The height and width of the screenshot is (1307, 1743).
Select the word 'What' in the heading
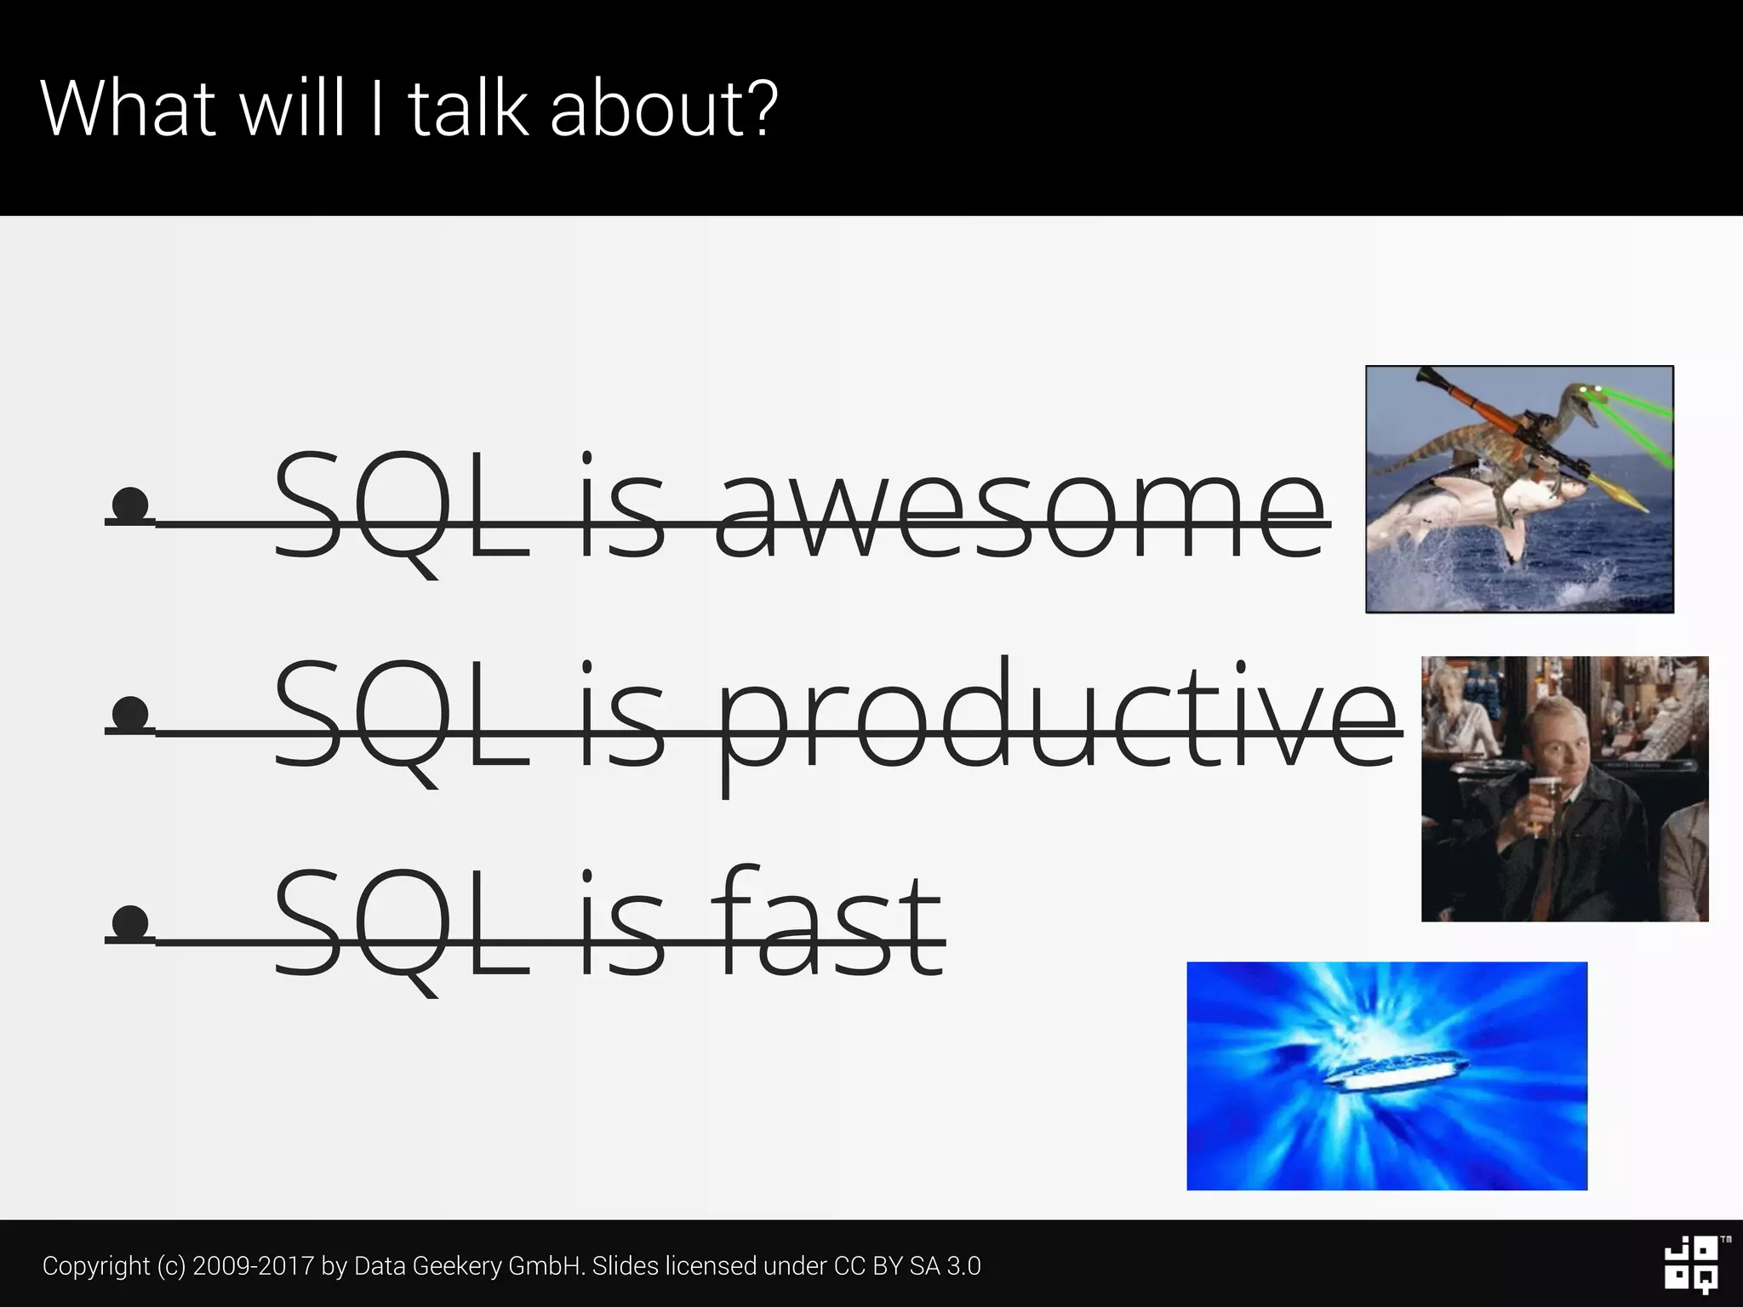pyautogui.click(x=127, y=108)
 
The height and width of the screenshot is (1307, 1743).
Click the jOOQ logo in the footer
pyautogui.click(x=1691, y=1264)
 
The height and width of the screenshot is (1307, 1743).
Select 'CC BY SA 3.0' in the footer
pyautogui.click(x=907, y=1265)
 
